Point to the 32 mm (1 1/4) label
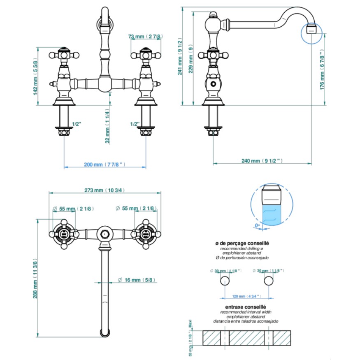pos(107,126)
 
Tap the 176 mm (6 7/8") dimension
pos(323,70)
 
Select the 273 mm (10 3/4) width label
pos(105,190)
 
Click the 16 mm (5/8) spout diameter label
pos(137,280)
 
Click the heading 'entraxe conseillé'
pos(246,307)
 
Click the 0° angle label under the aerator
pos(258,225)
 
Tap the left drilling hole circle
pos(225,281)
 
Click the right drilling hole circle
pos(268,281)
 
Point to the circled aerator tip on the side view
pos(312,30)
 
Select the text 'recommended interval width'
pos(246,312)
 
